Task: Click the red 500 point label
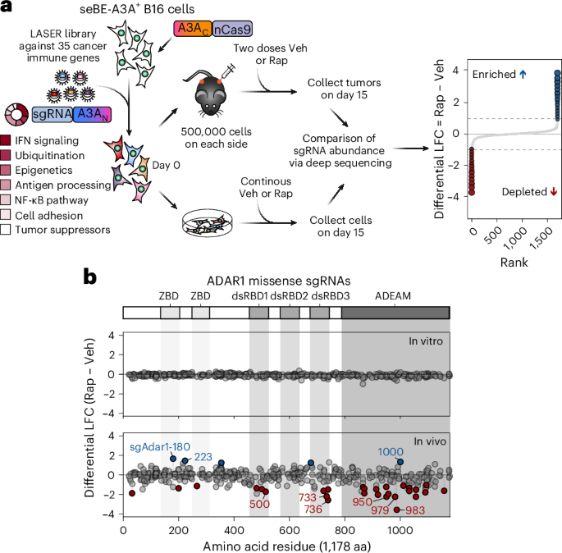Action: click(x=260, y=504)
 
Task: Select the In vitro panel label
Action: click(x=420, y=340)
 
